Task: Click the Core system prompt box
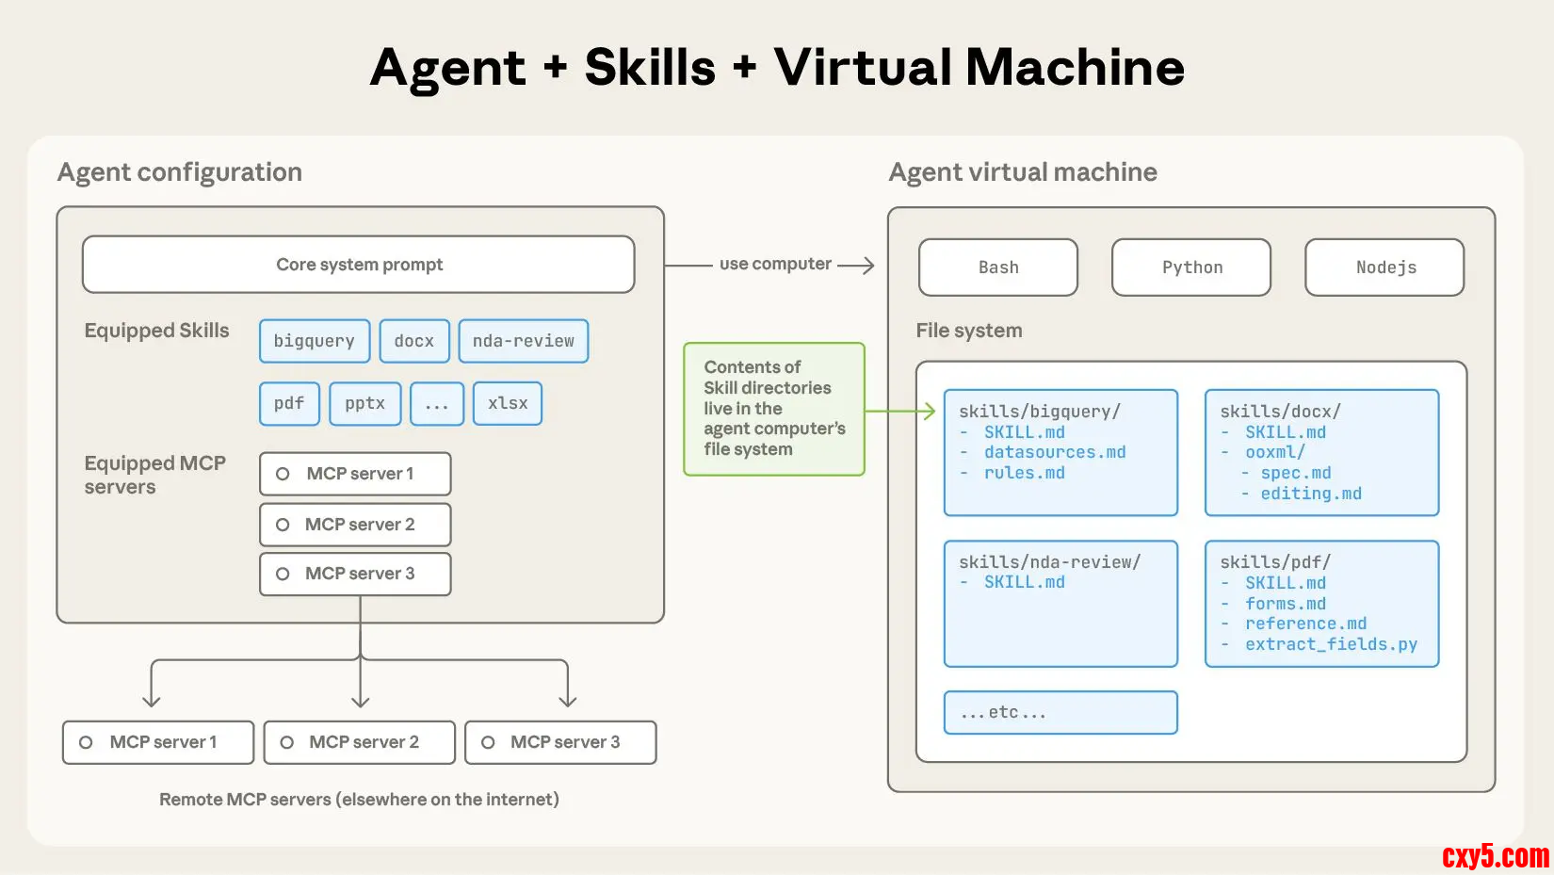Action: [358, 265]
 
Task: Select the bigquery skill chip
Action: [315, 341]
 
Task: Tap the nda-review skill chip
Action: [524, 341]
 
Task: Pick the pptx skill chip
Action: [365, 403]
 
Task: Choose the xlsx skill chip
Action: [508, 403]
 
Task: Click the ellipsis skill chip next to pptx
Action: [437, 403]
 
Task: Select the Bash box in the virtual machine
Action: [998, 267]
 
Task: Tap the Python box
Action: [1191, 267]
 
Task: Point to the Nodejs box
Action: [1384, 267]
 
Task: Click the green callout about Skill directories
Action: [774, 409]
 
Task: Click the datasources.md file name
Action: [1055, 452]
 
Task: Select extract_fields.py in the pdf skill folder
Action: [1331, 644]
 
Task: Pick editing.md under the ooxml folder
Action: [1311, 494]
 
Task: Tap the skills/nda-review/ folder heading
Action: [1049, 562]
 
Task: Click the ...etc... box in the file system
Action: [1060, 712]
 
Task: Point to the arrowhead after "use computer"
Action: [868, 266]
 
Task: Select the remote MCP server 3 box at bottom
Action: [560, 742]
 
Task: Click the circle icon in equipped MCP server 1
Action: [283, 474]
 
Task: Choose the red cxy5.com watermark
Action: [1495, 856]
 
